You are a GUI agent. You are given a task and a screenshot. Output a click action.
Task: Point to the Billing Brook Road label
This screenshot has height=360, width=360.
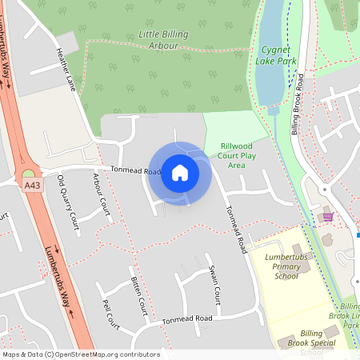point(298,104)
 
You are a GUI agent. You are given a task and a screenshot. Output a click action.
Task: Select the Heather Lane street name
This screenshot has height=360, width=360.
point(65,68)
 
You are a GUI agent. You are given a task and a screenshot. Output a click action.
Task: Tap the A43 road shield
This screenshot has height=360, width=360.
point(31,186)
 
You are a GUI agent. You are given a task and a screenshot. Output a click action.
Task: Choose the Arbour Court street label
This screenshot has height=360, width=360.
point(101,195)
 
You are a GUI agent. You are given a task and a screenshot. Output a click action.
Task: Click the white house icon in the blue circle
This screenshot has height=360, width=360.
point(180,172)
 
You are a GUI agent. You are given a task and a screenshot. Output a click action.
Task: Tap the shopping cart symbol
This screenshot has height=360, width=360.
point(327,217)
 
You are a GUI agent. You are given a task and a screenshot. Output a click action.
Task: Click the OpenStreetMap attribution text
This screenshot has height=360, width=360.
point(81,354)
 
